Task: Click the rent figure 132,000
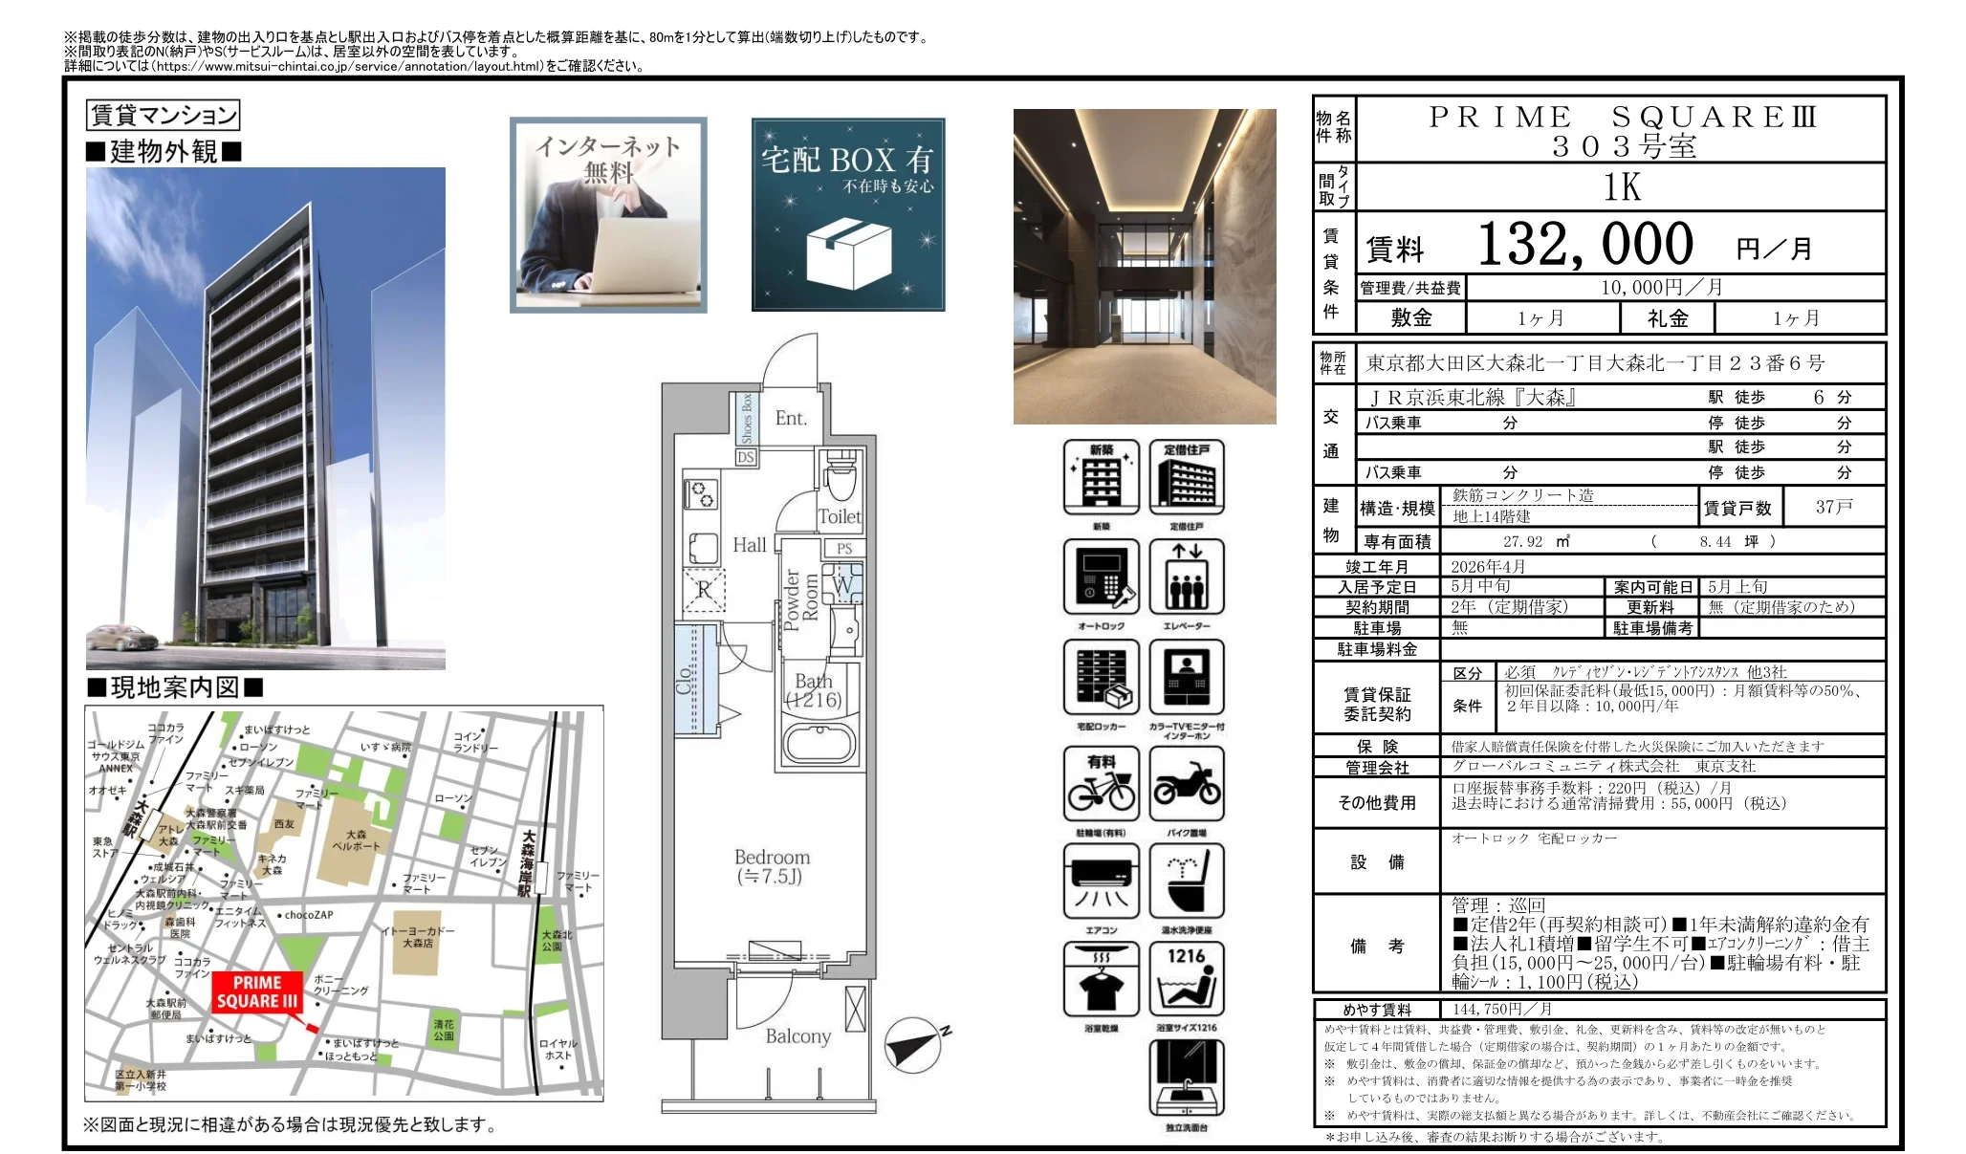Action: tap(1584, 244)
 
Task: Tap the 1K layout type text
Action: tap(1622, 187)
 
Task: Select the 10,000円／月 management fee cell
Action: tap(1661, 288)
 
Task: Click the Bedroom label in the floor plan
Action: tap(772, 858)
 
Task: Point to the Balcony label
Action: tap(797, 1036)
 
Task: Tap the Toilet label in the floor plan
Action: tap(840, 517)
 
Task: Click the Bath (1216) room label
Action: tap(814, 690)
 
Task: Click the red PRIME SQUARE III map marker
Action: tap(256, 993)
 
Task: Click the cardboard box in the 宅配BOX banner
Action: tap(848, 248)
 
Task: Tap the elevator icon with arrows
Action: tap(1187, 577)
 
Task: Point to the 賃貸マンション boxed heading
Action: tap(163, 116)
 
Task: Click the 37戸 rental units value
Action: tap(1833, 507)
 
